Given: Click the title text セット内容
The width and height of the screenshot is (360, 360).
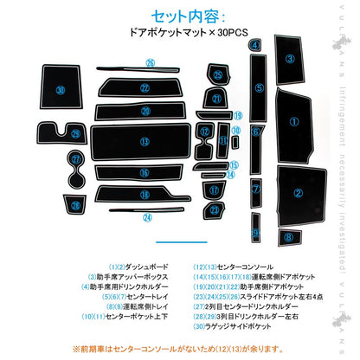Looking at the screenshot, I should (x=179, y=16).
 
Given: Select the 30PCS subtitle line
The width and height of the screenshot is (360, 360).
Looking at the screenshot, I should (x=179, y=35).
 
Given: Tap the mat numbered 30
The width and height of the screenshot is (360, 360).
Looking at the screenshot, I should (x=60, y=90).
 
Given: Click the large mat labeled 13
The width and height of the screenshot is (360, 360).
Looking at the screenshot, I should (x=145, y=141).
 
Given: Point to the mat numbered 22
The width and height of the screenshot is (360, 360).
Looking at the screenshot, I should (x=145, y=88).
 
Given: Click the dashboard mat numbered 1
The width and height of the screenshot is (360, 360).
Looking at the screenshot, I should (x=293, y=122).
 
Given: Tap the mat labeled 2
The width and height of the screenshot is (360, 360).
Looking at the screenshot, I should (x=298, y=192).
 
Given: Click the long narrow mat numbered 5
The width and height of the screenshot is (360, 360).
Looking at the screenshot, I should (x=258, y=88).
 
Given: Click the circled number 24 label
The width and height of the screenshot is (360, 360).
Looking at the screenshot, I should (x=147, y=216).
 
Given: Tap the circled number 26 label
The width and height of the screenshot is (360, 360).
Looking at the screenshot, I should (x=149, y=63).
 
